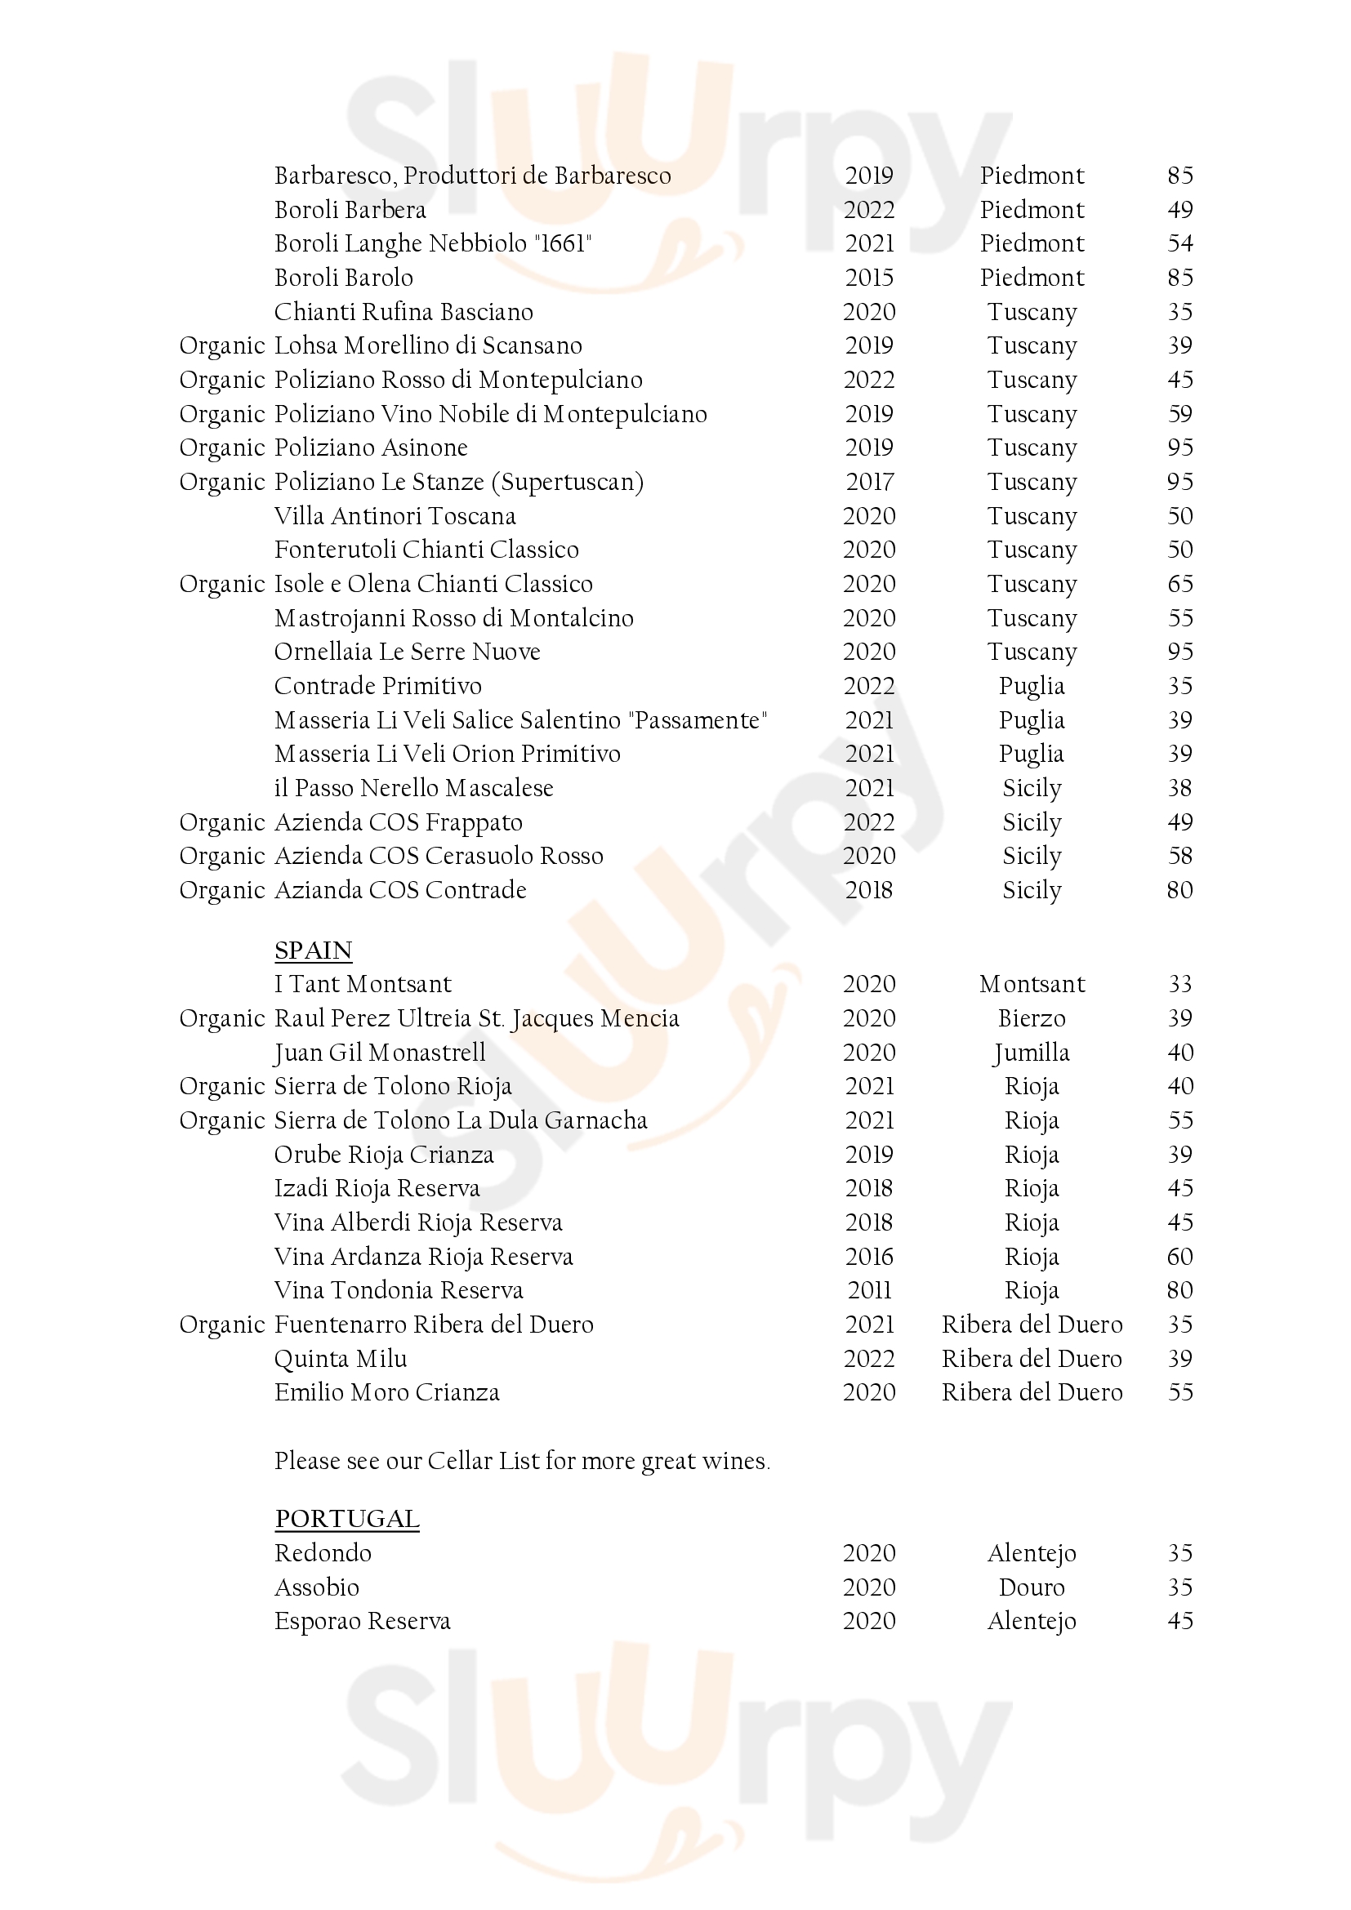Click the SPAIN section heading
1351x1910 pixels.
tap(313, 950)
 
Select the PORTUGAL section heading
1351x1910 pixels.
tap(347, 1518)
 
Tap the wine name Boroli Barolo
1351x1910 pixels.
tap(344, 277)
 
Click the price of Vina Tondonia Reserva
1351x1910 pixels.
tap(1179, 1290)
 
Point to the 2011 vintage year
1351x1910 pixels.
tap(869, 1290)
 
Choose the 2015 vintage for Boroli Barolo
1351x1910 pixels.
tap(869, 277)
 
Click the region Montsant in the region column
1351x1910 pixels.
tap(1032, 984)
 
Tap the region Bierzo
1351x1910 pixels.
tap(1032, 1018)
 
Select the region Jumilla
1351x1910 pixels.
tap(1032, 1053)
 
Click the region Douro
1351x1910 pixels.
tap(1032, 1587)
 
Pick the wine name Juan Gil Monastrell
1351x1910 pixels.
tap(379, 1053)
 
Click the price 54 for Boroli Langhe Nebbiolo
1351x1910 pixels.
tap(1179, 243)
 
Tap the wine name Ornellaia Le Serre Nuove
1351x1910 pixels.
tap(407, 652)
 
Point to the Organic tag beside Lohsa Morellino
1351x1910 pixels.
tap(221, 345)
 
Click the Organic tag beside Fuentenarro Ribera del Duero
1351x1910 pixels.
tap(221, 1325)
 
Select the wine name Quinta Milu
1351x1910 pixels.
tap(341, 1359)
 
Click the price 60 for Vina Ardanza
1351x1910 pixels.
tap(1179, 1256)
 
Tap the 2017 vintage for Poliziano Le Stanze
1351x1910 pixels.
tap(869, 482)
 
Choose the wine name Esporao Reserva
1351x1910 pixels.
tap(362, 1622)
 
